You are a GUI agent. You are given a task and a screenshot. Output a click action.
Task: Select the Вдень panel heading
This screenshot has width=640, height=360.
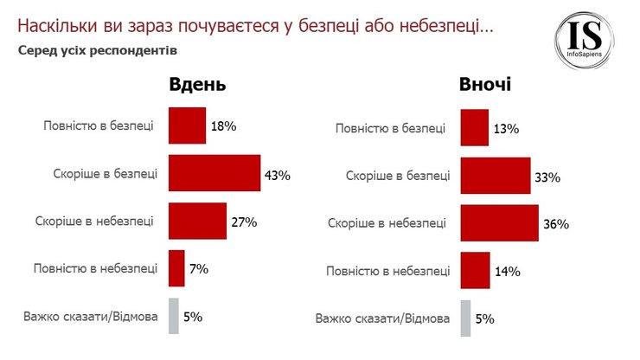(197, 85)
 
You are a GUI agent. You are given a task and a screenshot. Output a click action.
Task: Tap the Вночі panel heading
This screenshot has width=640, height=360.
(485, 85)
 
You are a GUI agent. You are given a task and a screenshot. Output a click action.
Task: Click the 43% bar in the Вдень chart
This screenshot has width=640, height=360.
(214, 173)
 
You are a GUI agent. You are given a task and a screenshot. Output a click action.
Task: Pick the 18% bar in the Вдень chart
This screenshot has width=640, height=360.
(187, 125)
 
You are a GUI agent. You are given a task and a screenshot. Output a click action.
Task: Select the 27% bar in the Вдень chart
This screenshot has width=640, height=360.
(197, 220)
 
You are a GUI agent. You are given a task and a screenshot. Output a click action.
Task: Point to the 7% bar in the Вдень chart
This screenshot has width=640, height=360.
(176, 268)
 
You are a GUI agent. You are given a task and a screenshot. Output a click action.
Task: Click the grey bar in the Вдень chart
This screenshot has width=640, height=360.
(173, 315)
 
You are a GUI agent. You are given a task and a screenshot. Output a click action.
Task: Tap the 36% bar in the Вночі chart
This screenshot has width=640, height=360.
(499, 223)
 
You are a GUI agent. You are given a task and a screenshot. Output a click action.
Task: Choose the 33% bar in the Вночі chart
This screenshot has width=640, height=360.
(496, 176)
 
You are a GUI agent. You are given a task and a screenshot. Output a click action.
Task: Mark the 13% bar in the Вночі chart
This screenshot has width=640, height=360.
(475, 128)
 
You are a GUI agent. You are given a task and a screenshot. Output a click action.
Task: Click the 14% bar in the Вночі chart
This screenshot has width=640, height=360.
(476, 270)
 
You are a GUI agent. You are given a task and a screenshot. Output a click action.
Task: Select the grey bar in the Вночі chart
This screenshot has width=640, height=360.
(465, 318)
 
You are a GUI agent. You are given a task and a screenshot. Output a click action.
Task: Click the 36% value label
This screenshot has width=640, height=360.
(555, 224)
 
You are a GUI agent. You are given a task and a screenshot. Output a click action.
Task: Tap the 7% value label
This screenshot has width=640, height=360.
(199, 269)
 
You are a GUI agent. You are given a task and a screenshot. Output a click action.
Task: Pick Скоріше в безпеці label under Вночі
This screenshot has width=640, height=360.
(398, 176)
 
